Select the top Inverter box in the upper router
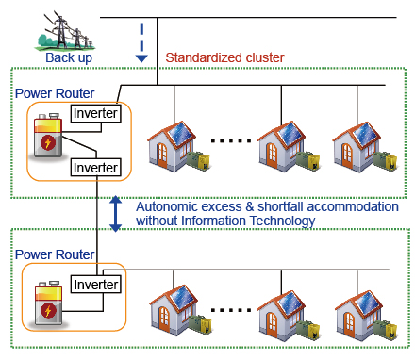coord(95,114)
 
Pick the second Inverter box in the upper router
coord(95,168)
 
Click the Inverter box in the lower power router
coord(95,284)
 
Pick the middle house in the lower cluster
coord(288,310)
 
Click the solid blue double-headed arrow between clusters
coord(115,213)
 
